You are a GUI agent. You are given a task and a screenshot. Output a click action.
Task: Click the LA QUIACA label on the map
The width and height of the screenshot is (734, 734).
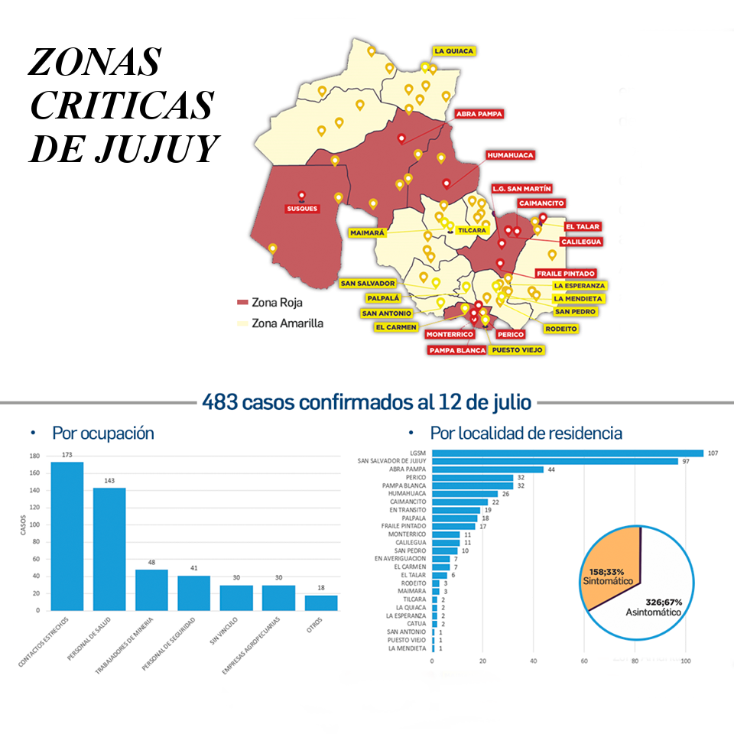[454, 51]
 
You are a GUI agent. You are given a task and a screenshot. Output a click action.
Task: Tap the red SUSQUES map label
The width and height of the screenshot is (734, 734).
[302, 208]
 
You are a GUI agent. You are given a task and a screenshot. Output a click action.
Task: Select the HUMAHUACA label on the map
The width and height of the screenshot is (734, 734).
[510, 155]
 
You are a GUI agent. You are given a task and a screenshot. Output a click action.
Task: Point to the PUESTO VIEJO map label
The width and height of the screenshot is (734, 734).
[517, 349]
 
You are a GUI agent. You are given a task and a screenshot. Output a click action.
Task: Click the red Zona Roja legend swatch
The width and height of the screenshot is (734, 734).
[243, 303]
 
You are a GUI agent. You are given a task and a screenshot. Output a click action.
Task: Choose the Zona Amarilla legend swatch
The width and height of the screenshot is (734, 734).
[243, 323]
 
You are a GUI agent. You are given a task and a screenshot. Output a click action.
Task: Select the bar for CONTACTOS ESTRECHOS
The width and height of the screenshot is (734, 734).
[67, 535]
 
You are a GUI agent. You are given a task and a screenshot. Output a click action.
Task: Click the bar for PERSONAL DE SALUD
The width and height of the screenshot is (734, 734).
[109, 548]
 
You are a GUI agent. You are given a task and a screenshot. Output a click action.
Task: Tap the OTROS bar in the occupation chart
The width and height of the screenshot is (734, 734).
[320, 602]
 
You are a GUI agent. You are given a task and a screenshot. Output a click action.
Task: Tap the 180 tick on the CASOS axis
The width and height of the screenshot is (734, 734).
[34, 456]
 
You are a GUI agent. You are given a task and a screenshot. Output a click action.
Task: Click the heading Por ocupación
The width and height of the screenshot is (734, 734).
[102, 434]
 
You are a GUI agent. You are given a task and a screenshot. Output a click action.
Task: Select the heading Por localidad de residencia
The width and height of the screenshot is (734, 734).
[526, 434]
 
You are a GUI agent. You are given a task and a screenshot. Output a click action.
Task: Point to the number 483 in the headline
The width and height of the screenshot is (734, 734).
[220, 401]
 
